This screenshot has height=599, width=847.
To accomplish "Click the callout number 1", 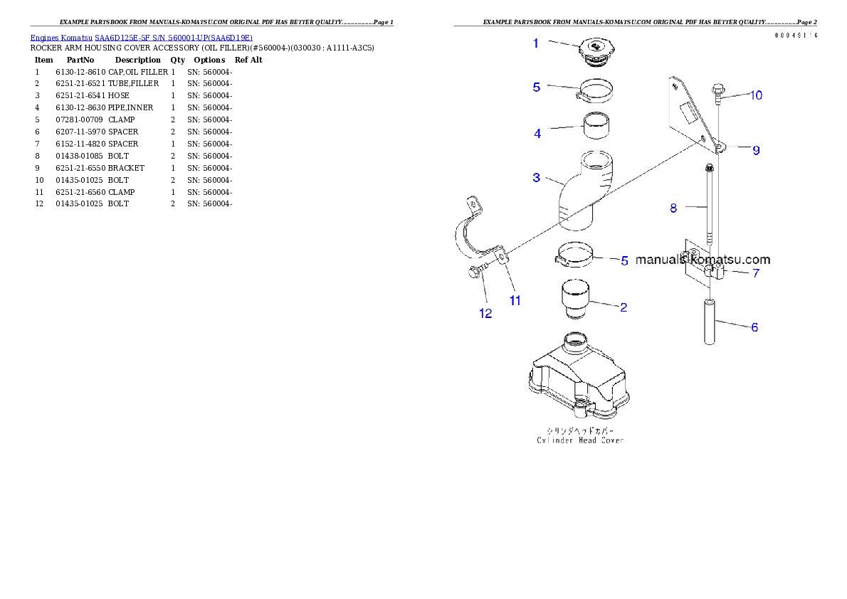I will (x=536, y=43).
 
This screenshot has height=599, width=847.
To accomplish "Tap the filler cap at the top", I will (x=596, y=53).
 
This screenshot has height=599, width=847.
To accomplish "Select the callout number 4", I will (x=537, y=133).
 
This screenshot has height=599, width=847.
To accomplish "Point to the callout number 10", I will (x=756, y=95).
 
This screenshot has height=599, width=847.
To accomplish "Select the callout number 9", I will (x=756, y=150).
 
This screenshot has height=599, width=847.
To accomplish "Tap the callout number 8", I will (x=673, y=208).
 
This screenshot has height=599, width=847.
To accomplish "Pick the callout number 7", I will (x=756, y=273).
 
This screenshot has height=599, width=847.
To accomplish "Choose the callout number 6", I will (x=754, y=327).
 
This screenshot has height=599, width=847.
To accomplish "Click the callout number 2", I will (x=624, y=307).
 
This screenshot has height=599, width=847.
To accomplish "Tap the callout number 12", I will (x=485, y=314).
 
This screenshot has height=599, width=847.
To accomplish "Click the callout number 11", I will (x=515, y=301).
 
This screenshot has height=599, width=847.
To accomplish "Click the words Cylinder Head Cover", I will (x=580, y=440).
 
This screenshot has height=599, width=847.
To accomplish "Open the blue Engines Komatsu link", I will (x=141, y=37).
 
